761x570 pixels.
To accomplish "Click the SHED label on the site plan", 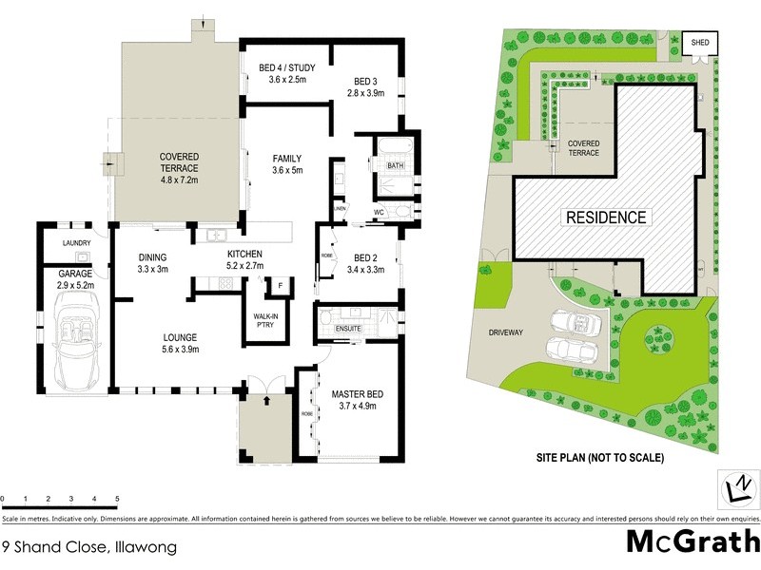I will (x=700, y=43).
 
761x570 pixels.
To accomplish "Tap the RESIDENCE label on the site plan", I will (x=607, y=217).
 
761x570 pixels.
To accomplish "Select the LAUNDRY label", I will (x=76, y=243).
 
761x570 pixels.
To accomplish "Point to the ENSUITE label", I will (x=350, y=329).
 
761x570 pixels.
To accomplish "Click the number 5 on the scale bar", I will (x=117, y=499).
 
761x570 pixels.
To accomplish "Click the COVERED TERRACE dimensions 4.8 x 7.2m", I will (x=179, y=179).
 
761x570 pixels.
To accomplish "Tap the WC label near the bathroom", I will (x=379, y=213).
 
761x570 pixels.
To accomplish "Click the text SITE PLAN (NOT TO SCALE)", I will (x=598, y=458).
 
